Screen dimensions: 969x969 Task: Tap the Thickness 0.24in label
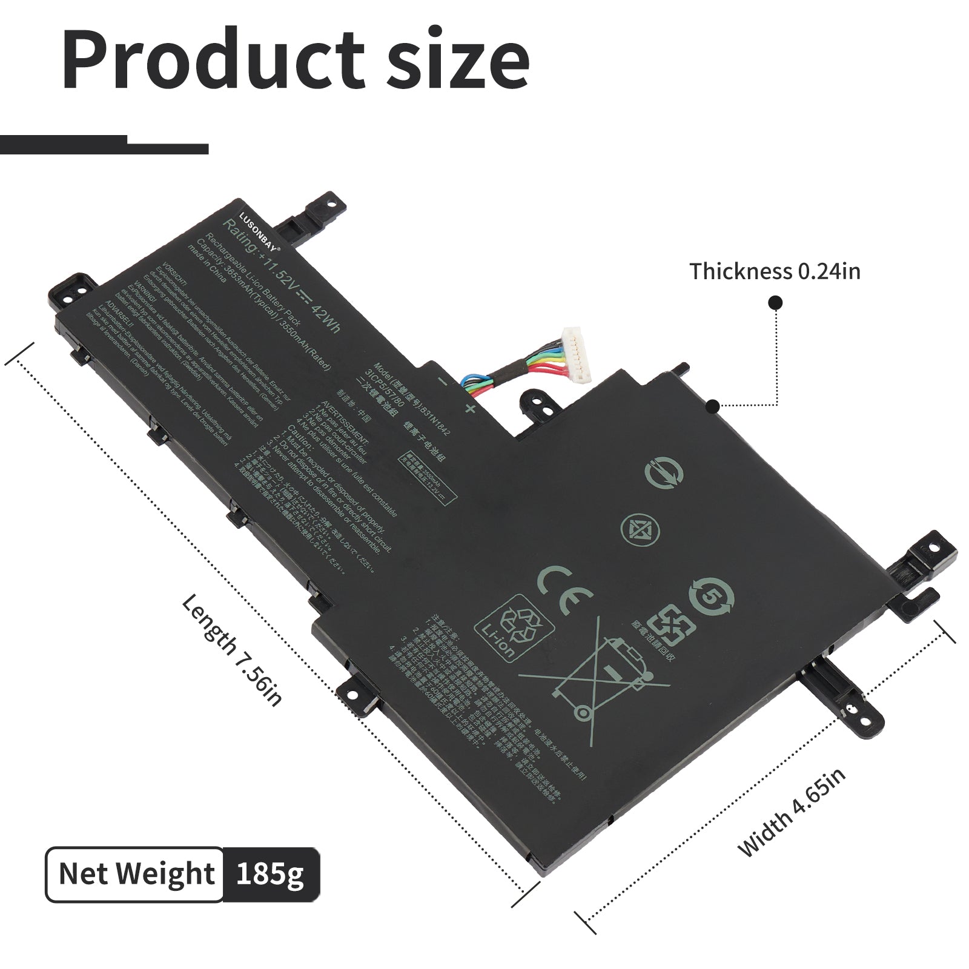(775, 271)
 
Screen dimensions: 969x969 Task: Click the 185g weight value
(270, 873)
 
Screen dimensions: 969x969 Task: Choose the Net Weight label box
(136, 873)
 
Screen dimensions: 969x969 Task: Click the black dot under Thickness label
(775, 303)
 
